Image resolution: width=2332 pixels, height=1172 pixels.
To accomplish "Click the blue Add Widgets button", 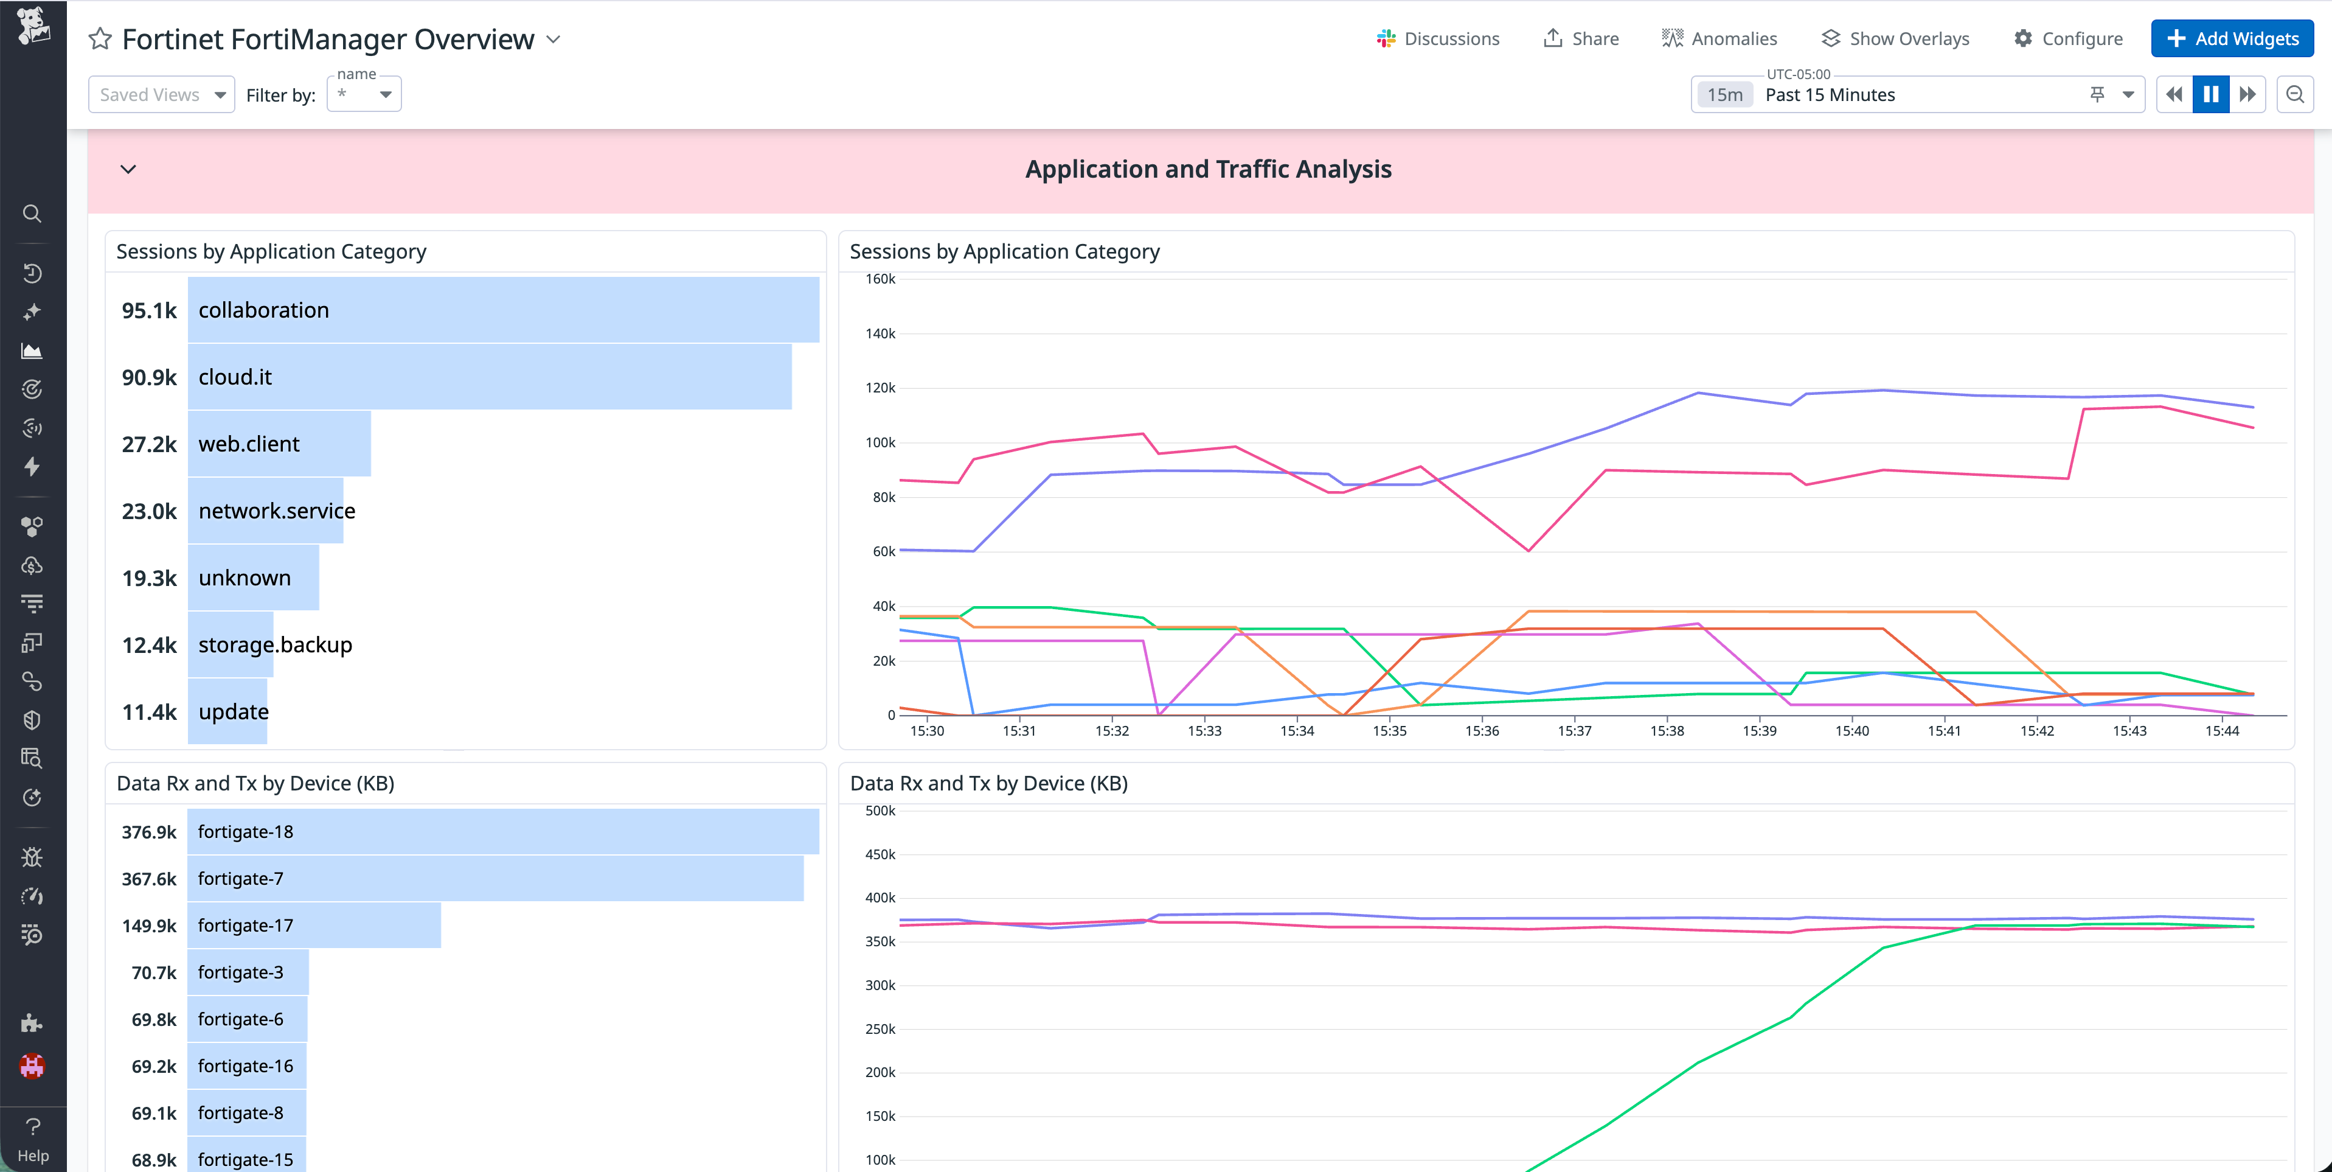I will tap(2232, 39).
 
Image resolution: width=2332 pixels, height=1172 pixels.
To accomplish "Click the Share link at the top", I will tap(1581, 39).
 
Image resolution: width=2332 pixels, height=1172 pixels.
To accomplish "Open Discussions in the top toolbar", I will tap(1438, 39).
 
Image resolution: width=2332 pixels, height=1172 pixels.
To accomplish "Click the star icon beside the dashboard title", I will tap(100, 39).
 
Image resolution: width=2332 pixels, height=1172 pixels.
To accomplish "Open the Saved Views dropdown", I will tap(161, 95).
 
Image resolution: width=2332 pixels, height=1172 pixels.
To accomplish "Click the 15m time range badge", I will tap(1724, 95).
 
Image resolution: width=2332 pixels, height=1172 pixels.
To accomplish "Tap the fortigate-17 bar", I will tap(313, 926).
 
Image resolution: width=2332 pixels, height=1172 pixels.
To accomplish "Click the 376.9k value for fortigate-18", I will tap(150, 831).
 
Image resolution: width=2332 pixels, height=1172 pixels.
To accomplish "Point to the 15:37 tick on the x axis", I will tap(1574, 731).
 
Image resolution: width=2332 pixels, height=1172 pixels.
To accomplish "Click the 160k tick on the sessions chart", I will tap(880, 279).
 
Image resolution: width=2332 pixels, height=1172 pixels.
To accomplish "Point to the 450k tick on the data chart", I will tap(880, 854).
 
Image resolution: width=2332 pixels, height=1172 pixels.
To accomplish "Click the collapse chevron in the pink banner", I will tap(128, 169).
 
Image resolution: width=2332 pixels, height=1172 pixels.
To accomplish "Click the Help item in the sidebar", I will tap(33, 1139).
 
